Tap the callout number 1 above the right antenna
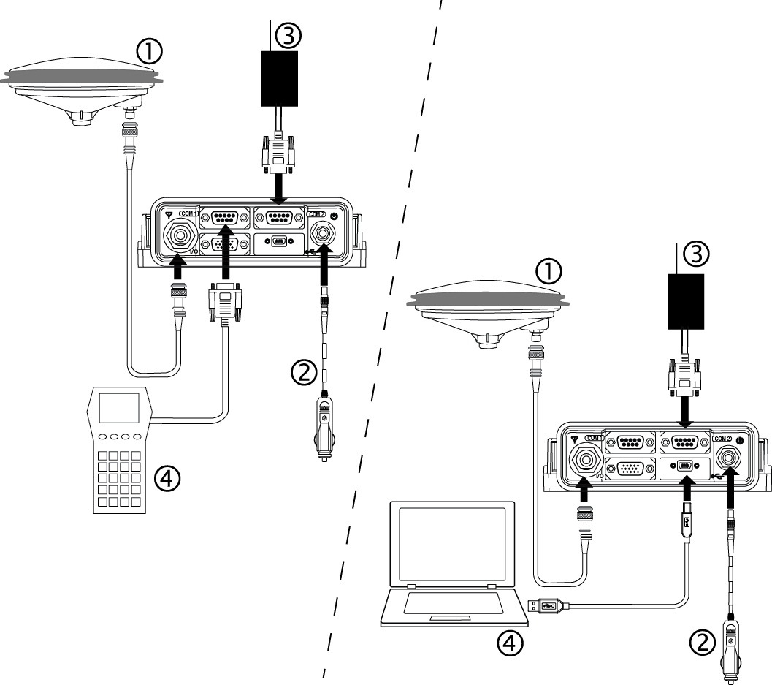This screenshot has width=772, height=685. coord(549,271)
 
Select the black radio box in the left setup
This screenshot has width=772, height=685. coord(280,78)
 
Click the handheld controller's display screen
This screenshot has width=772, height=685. coord(119,408)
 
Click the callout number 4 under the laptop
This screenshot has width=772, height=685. coord(510,643)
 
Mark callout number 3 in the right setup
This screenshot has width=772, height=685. coord(696,253)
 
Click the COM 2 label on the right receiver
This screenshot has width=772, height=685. coord(723,438)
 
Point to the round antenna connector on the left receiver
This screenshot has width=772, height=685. coord(180,235)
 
